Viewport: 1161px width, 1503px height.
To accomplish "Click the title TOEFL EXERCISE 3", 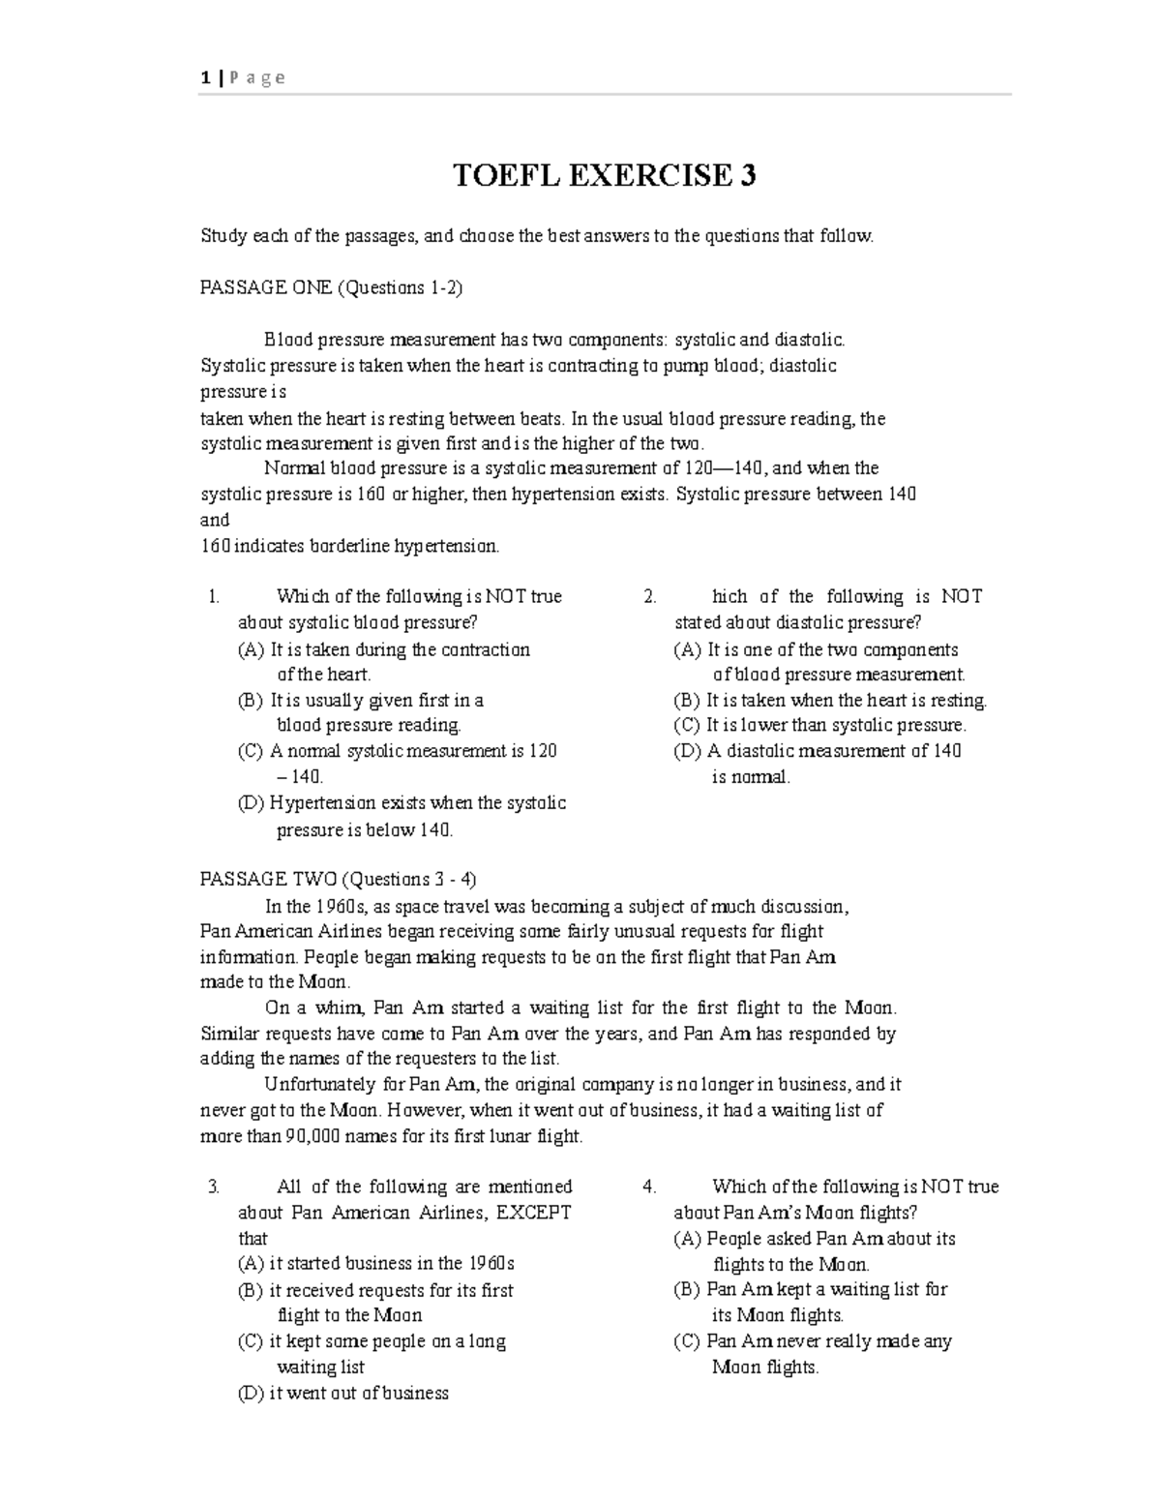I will coord(606,175).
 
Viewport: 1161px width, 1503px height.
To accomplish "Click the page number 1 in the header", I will coord(205,78).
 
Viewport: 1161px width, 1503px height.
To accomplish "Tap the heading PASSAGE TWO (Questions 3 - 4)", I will coord(338,879).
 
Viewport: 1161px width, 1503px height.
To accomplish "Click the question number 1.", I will coord(214,597).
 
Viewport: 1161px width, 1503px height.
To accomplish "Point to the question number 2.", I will coord(650,597).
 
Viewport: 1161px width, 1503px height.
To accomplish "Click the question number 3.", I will coord(214,1187).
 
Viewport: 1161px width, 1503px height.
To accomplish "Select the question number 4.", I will coord(650,1187).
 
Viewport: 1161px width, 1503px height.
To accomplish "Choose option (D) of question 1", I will coord(402,803).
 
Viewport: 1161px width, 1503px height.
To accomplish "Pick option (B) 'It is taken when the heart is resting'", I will coord(830,700).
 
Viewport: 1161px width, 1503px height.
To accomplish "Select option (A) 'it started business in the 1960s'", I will coord(376,1263).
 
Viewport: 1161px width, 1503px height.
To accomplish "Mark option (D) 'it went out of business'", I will coord(343,1393).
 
